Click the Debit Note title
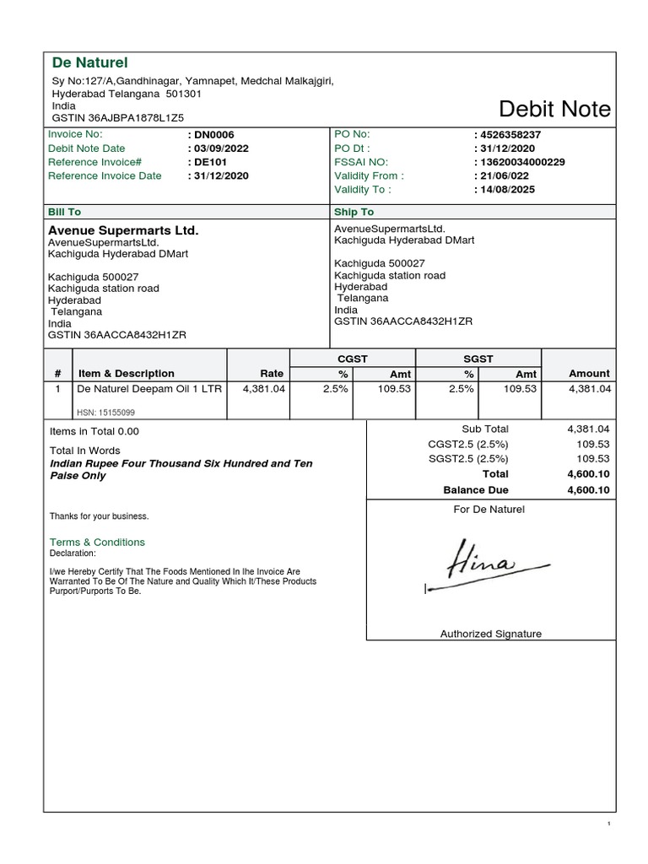[x=554, y=110]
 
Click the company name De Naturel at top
[x=89, y=62]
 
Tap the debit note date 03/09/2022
[x=220, y=148]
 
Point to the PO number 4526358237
[x=510, y=135]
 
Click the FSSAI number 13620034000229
[x=521, y=162]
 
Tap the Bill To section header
[x=65, y=212]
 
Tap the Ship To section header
[x=354, y=212]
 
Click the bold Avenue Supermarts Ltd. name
[x=123, y=229]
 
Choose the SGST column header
[x=478, y=359]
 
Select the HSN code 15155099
[x=105, y=413]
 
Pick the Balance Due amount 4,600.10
[x=588, y=489]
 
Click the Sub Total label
[x=485, y=429]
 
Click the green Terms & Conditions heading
[x=97, y=542]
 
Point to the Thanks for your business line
[x=99, y=516]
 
